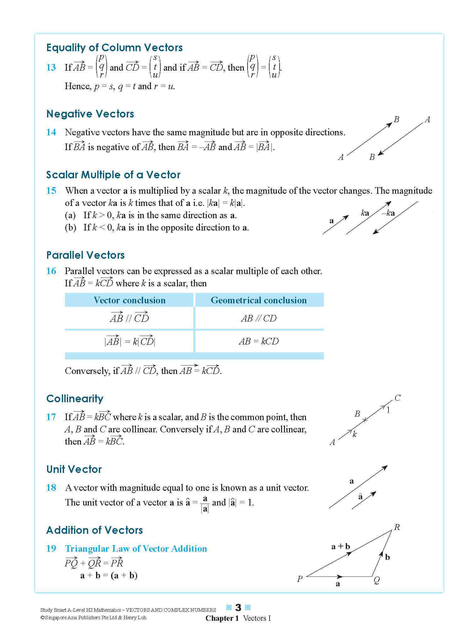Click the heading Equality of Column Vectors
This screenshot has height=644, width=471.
114,48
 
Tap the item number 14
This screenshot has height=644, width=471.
51,132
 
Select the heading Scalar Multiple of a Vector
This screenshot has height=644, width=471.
113,175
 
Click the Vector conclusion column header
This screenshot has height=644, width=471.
129,300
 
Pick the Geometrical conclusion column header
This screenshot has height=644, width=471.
259,300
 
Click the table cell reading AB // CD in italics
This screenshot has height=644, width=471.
259,318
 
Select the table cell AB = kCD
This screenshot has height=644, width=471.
259,341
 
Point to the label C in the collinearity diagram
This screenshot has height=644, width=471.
397,398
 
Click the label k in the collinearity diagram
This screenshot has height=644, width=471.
355,435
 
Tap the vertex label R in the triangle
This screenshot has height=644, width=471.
397,527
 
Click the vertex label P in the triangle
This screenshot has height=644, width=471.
300,579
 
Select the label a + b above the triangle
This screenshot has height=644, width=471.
340,546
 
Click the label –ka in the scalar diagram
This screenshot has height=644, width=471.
388,213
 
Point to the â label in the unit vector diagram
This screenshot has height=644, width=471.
360,497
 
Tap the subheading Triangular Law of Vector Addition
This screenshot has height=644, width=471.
136,549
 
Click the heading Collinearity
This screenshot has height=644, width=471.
75,399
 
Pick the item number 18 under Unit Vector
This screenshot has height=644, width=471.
51,488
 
